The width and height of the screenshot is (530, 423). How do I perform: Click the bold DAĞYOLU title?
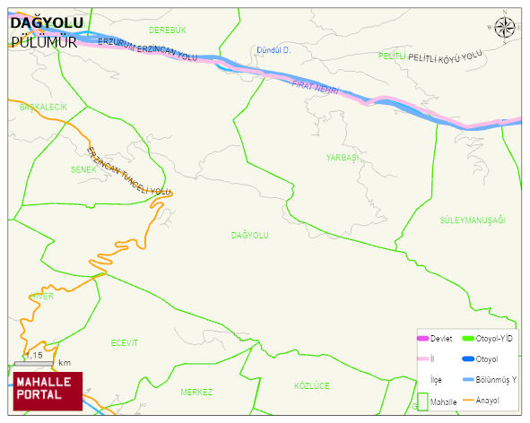pyautogui.click(x=47, y=22)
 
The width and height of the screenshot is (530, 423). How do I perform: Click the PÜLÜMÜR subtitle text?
pyautogui.click(x=43, y=41)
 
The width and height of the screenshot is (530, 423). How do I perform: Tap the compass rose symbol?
pyautogui.click(x=505, y=27)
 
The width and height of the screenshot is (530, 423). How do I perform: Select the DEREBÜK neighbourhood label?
pyautogui.click(x=167, y=30)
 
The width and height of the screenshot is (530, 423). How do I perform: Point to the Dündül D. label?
pyautogui.click(x=274, y=50)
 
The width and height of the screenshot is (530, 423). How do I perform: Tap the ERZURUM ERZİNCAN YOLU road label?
pyautogui.click(x=148, y=48)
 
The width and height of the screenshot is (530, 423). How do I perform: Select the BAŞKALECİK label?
pyautogui.click(x=38, y=107)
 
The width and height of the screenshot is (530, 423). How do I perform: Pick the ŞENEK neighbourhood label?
pyautogui.click(x=83, y=168)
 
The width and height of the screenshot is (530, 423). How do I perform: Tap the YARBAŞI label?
pyautogui.click(x=342, y=157)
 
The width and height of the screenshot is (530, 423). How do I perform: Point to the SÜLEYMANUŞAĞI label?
pyautogui.click(x=473, y=220)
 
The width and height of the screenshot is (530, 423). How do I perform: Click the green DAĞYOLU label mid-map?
pyautogui.click(x=250, y=235)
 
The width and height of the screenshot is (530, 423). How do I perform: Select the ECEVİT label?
pyautogui.click(x=125, y=342)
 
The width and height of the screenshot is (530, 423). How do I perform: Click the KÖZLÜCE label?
pyautogui.click(x=312, y=385)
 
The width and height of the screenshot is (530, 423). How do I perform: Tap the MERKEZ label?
pyautogui.click(x=196, y=393)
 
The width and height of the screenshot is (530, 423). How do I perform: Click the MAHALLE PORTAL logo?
pyautogui.click(x=45, y=390)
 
